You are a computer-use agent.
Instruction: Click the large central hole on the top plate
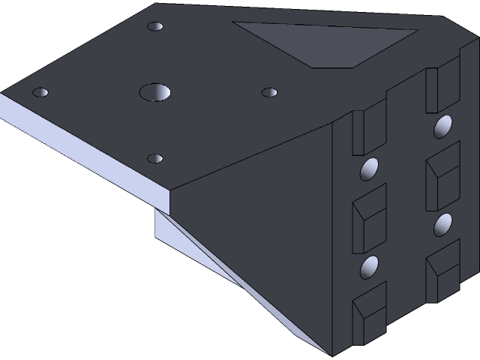[156, 91]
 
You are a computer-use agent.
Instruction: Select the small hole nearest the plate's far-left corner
[40, 93]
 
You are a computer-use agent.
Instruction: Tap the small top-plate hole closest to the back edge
[155, 27]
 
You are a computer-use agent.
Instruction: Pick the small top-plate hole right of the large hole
[269, 92]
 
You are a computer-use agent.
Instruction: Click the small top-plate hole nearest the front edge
[155, 158]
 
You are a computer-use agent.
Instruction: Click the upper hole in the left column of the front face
[370, 169]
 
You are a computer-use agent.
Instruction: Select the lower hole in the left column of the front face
[370, 266]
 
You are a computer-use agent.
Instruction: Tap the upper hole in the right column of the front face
[442, 126]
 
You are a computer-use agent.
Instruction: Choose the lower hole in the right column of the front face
[443, 223]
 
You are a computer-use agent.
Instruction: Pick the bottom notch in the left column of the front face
[369, 313]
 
